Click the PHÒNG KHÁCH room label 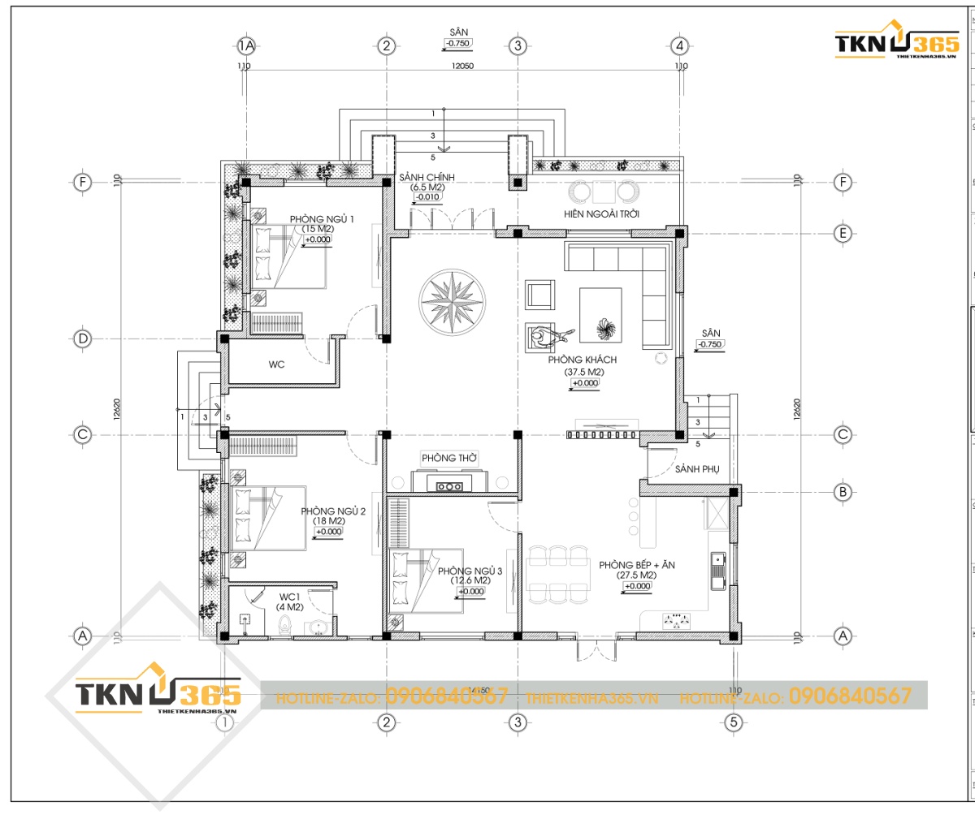583,360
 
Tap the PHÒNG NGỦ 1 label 322,219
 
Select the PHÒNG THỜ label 448,458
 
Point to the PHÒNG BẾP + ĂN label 637,565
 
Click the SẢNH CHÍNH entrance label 427,177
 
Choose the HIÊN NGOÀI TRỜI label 601,214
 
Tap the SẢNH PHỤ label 697,469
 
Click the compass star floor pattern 452,301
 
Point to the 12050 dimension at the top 462,67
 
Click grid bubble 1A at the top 245,45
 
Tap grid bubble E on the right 843,234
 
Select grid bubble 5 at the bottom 733,722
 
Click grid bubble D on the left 82,338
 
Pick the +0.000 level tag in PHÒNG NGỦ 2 329,532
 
